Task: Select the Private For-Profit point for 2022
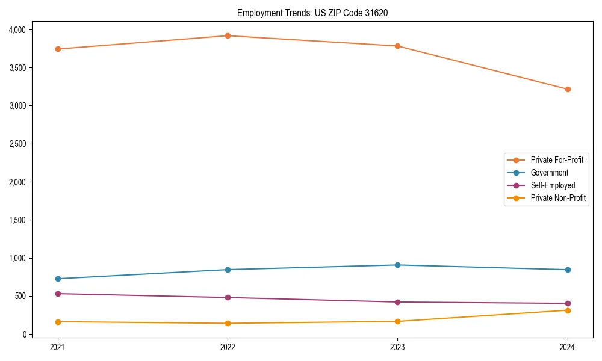[228, 35]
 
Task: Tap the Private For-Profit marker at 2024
[568, 89]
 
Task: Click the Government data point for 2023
[397, 265]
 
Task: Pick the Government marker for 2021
[58, 279]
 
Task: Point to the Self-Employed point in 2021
[58, 294]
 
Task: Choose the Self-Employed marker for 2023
[397, 302]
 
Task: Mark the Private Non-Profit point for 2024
[568, 310]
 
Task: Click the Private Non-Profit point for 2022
[228, 323]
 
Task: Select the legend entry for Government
[549, 173]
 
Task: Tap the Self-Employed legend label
[553, 185]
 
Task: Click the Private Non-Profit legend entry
[558, 198]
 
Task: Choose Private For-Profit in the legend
[557, 160]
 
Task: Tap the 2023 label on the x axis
[397, 347]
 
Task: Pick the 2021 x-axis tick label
[58, 347]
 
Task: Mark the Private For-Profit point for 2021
[58, 49]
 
